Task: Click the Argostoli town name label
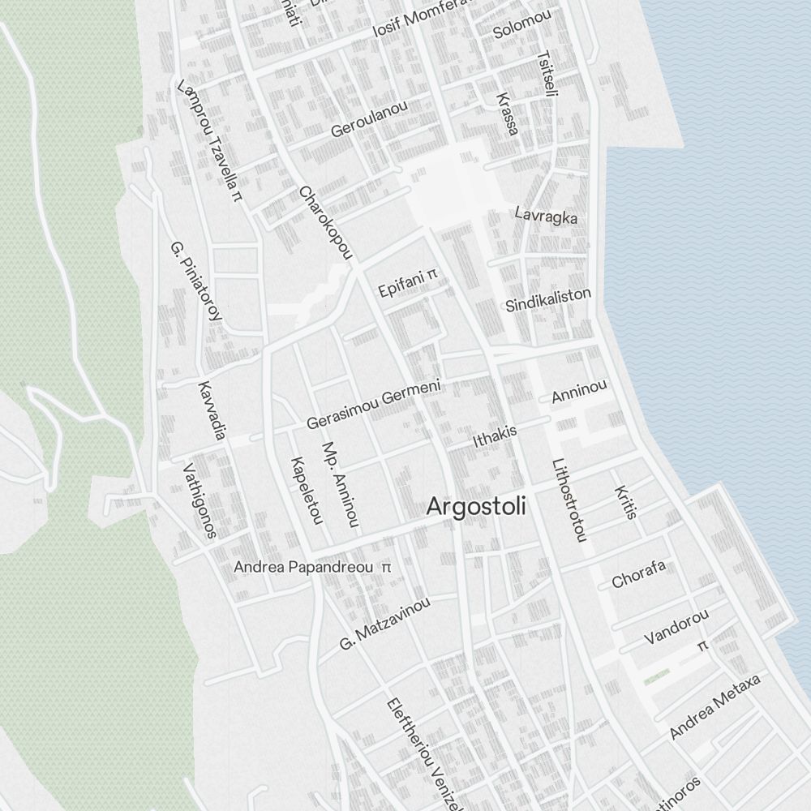[x=476, y=508]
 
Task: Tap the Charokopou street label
[x=326, y=224]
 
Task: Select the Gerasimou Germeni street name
[x=373, y=405]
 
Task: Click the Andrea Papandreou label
[x=303, y=568]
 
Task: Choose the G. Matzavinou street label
[x=385, y=623]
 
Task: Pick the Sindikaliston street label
[x=548, y=300]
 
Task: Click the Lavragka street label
[x=546, y=215]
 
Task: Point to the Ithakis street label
[x=495, y=436]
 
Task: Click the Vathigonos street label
[x=200, y=501]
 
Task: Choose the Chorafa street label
[x=638, y=574]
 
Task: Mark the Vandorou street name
[x=676, y=627]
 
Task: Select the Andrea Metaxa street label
[x=714, y=706]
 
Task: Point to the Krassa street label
[x=507, y=113]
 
